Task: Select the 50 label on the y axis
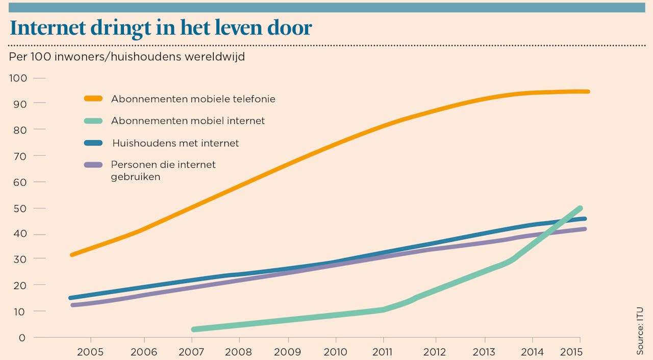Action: (18, 208)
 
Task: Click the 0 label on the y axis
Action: (22, 337)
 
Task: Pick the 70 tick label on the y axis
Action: (18, 156)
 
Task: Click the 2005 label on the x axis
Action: (90, 352)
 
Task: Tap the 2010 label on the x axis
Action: (336, 352)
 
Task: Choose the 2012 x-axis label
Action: (435, 352)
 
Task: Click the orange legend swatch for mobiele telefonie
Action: (93, 98)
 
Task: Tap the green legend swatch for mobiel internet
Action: (93, 121)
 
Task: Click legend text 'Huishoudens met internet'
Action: (175, 143)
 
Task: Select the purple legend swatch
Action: (93, 165)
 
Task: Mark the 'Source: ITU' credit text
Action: (640, 330)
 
